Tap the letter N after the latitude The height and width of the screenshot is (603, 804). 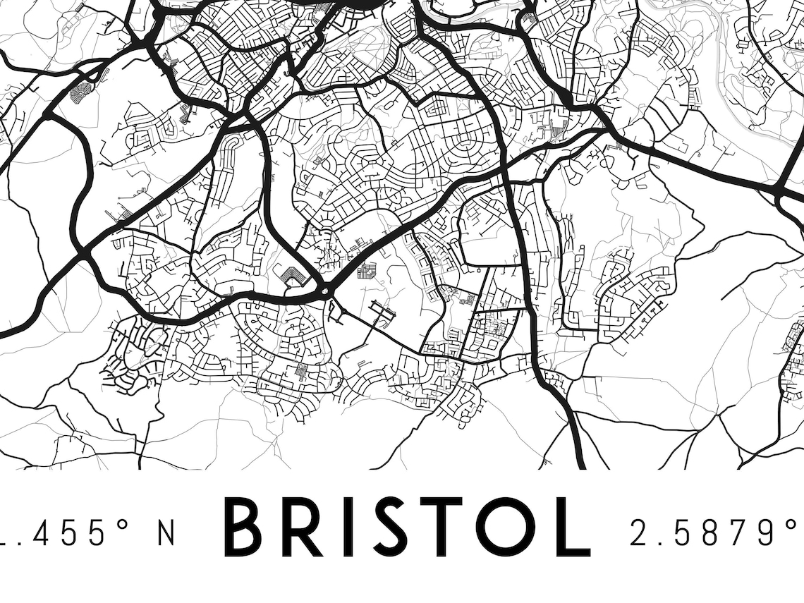pyautogui.click(x=166, y=532)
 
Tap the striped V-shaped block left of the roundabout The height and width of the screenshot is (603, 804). pyautogui.click(x=293, y=276)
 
